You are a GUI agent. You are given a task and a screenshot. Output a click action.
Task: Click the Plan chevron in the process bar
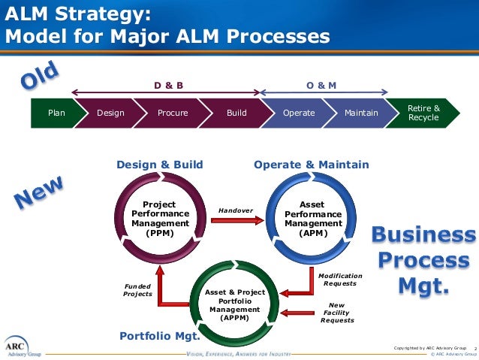point(56,113)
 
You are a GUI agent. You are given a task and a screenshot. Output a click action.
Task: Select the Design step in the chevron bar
point(110,113)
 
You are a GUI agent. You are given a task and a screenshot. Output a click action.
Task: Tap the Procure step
point(173,113)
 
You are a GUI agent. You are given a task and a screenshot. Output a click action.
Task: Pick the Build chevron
point(236,113)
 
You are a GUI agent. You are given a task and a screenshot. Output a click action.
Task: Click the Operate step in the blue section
point(298,113)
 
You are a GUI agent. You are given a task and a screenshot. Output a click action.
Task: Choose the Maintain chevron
point(361,113)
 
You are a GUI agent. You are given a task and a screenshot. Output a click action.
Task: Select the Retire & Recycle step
point(423,113)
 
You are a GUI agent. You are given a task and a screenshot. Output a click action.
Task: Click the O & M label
point(321,86)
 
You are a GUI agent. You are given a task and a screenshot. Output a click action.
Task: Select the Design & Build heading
point(160,165)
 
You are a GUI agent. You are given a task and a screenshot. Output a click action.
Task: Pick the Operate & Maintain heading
point(311,165)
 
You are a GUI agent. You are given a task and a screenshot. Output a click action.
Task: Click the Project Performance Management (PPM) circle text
point(159,218)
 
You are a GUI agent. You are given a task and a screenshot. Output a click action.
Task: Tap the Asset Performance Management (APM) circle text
point(312,218)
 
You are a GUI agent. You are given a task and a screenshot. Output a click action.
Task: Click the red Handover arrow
point(237,220)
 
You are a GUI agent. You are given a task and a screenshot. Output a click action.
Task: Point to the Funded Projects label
point(137,289)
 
